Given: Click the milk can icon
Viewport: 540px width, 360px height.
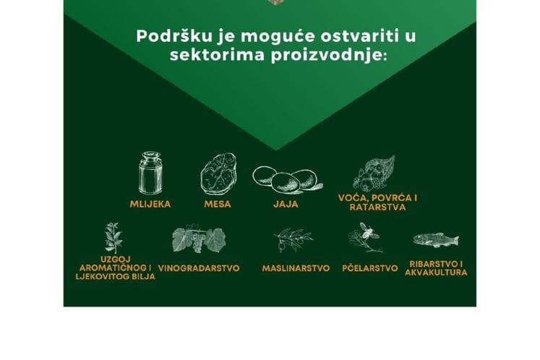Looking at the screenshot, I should [150, 173].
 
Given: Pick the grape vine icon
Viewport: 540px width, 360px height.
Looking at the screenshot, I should [198, 240].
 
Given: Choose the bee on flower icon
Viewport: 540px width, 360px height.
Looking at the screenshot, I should [364, 238].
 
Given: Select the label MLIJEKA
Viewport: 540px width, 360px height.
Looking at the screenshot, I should [150, 204].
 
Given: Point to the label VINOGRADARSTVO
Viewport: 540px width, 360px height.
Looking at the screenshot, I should [199, 267].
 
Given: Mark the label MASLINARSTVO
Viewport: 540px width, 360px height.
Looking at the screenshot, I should [296, 268].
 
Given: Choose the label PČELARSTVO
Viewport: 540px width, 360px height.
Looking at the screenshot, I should [369, 268].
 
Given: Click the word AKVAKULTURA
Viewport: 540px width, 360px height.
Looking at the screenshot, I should [436, 273].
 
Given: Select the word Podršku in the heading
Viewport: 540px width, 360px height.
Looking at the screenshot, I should [171, 36].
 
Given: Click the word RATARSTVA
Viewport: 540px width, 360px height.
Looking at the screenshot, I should [377, 207].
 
